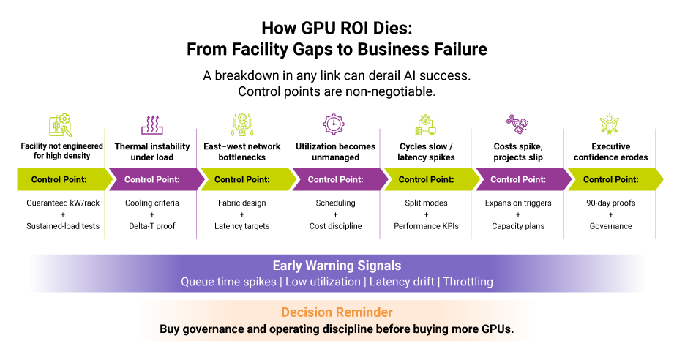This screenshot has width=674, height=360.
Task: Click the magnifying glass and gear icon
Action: click(61, 125)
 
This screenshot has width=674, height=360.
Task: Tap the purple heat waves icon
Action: click(152, 125)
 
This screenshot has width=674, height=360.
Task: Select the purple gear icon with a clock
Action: click(334, 124)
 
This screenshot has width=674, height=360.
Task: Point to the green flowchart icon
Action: click(426, 125)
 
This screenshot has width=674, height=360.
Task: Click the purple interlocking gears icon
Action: click(517, 124)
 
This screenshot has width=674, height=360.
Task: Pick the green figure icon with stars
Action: click(609, 124)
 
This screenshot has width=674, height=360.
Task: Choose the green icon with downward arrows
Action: click(242, 124)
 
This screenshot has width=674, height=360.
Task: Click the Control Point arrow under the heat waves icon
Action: click(152, 179)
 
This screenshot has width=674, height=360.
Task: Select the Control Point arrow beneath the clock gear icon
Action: click(335, 179)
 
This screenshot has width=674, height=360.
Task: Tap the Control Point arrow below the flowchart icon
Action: click(427, 179)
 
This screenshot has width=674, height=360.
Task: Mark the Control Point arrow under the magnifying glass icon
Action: click(60, 179)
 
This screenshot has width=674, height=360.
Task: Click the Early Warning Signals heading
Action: click(337, 266)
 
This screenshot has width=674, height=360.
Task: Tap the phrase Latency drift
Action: click(402, 282)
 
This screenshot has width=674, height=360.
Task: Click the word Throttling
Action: click(468, 282)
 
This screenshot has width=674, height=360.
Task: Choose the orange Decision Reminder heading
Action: click(337, 312)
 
